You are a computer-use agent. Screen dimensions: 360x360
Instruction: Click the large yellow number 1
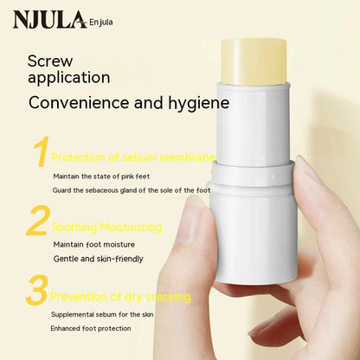(39, 152)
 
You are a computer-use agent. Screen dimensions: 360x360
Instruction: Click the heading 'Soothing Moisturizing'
(106, 227)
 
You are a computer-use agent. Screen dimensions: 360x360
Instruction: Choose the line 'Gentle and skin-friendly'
(98, 259)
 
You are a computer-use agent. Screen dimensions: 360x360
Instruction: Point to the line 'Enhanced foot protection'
(91, 328)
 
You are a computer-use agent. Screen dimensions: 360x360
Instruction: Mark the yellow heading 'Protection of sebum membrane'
(132, 157)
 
